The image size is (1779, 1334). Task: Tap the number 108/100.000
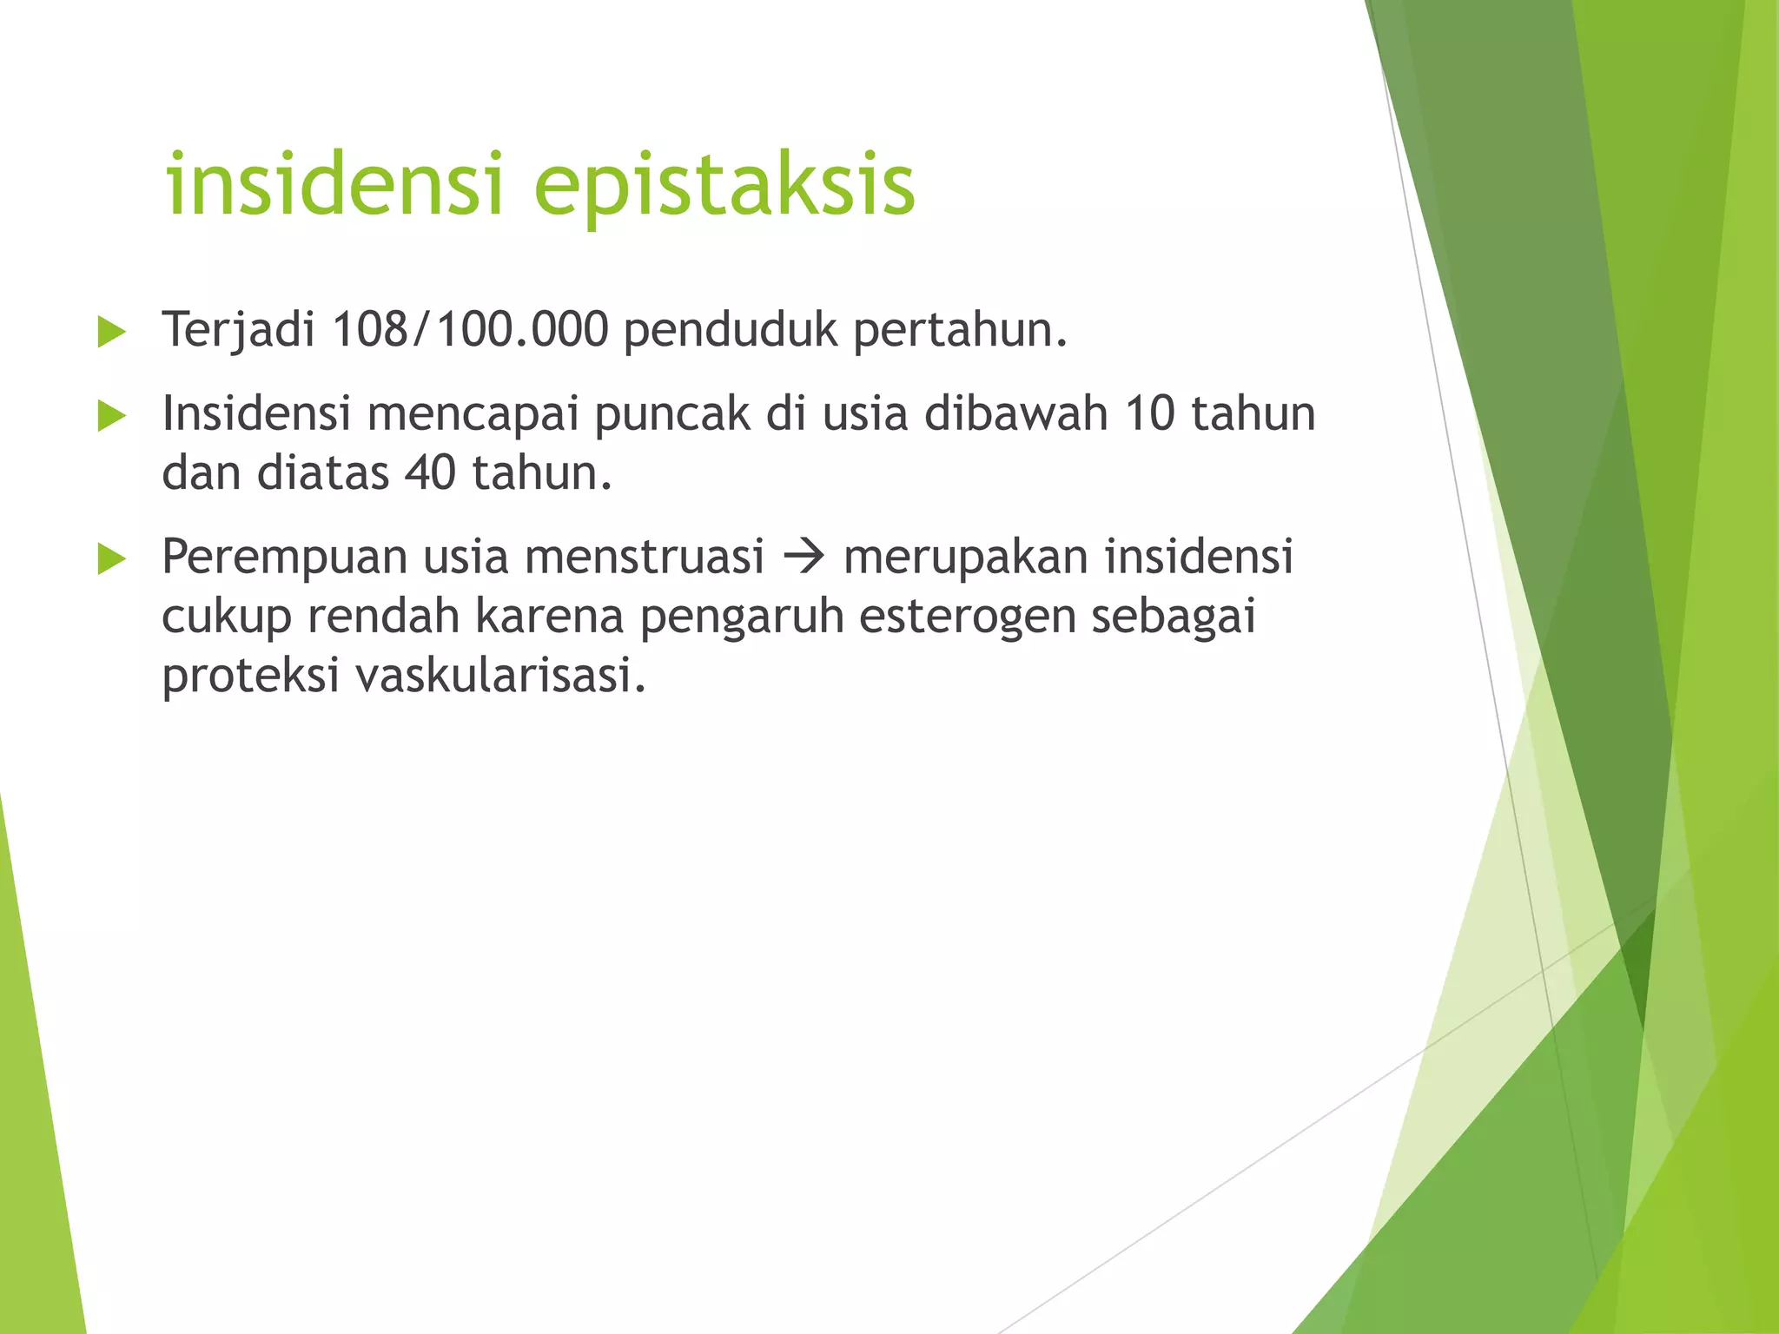pos(470,330)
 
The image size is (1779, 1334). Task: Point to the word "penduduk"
pos(731,330)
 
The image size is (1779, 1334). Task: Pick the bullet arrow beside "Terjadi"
pos(112,332)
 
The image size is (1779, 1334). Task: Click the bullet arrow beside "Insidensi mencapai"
pos(112,416)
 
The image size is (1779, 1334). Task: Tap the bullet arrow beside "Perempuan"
pos(112,558)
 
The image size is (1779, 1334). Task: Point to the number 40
pos(430,473)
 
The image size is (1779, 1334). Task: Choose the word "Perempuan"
pos(284,558)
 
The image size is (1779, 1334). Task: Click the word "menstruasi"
pos(645,557)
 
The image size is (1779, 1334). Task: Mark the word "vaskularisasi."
pos(501,675)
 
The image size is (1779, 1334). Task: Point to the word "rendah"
pos(383,616)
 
